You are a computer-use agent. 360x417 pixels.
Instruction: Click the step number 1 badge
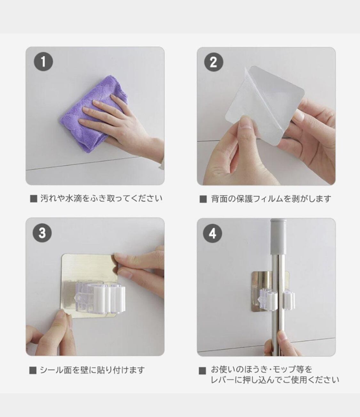[x=44, y=61]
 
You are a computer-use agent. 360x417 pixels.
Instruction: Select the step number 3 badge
[x=42, y=233]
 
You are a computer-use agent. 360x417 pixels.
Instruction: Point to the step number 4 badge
[x=213, y=234]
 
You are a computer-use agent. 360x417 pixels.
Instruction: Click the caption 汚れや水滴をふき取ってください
[x=101, y=199]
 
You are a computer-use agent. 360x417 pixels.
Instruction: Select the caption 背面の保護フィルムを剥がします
[x=271, y=199]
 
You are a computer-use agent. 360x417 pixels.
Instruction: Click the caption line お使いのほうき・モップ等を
[x=261, y=369]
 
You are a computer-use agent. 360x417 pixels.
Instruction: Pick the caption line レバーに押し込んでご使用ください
[x=275, y=380]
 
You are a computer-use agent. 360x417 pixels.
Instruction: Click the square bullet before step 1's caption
[x=34, y=199]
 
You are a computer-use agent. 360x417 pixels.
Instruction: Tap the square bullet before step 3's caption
[x=33, y=370]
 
